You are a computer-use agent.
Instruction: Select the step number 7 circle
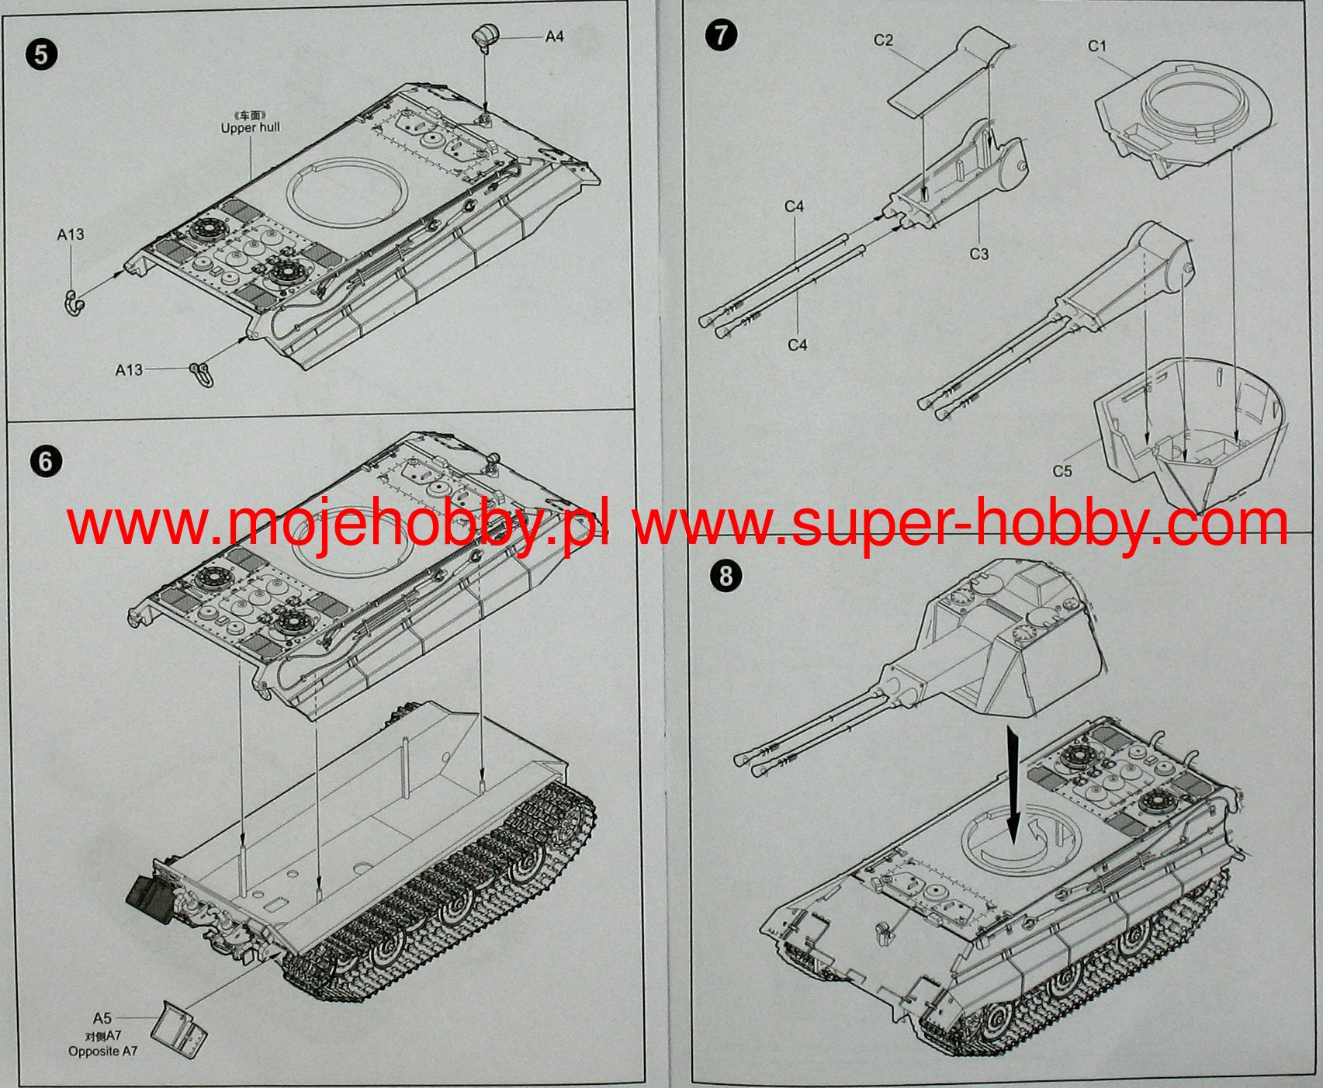[722, 36]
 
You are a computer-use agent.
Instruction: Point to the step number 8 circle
[726, 576]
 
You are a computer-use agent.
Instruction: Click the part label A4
[554, 36]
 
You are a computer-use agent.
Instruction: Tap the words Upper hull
[250, 127]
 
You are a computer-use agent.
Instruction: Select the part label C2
[884, 40]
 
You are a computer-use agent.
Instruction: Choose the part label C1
[1097, 47]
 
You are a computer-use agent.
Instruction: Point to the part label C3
[979, 254]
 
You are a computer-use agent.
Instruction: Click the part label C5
[1062, 471]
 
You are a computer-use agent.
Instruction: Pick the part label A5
[102, 1018]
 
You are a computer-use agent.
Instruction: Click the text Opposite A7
[103, 1052]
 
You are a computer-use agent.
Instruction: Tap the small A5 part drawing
[178, 1027]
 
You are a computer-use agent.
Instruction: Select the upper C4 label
[795, 206]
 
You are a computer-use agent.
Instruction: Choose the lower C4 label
[798, 345]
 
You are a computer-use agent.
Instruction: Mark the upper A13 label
[71, 234]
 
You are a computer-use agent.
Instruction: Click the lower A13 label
[130, 370]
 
